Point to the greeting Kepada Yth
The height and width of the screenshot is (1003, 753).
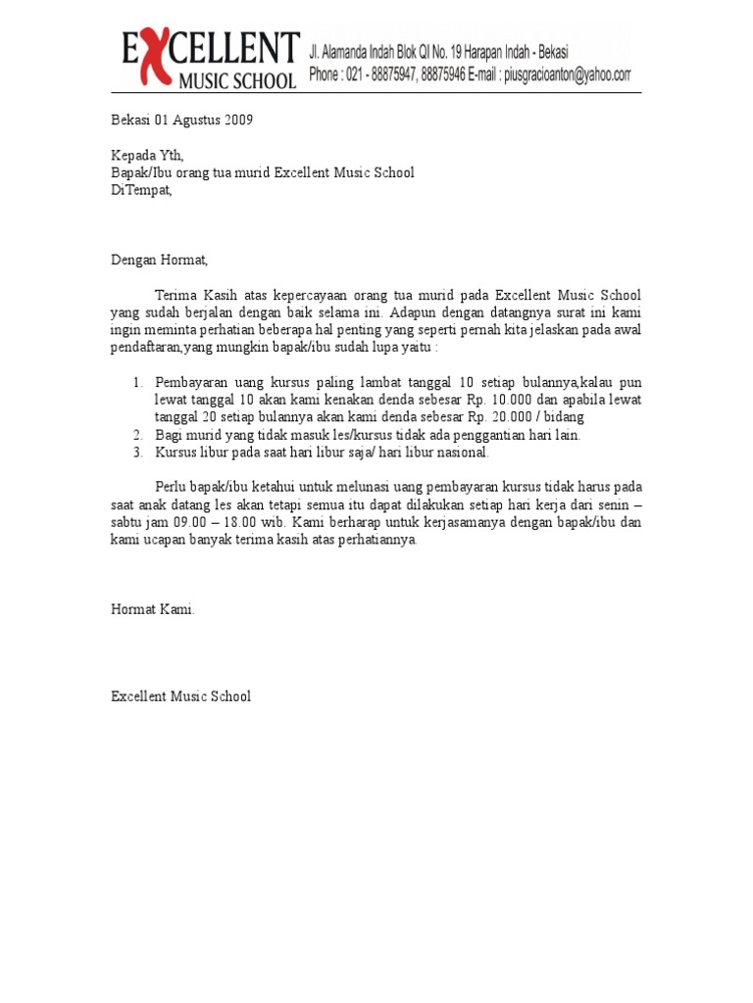[146, 156]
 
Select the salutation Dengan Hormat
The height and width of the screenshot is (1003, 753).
[159, 260]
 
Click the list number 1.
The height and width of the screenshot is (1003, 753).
[138, 382]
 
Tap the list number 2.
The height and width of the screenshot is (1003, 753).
[138, 435]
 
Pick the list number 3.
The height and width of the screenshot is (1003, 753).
[138, 453]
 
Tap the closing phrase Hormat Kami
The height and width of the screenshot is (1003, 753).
[152, 609]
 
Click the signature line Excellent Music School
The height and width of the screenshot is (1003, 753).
[180, 696]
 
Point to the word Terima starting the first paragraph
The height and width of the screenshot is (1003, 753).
[176, 295]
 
